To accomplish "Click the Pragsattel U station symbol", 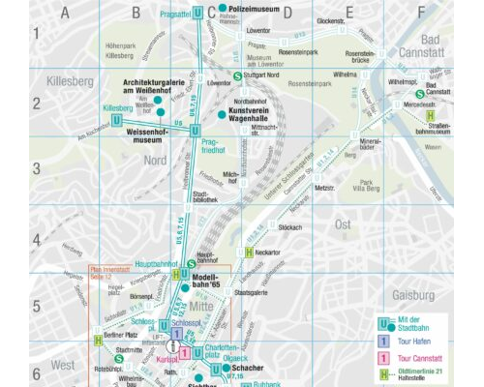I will click(197, 13).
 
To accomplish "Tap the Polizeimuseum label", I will click(254, 9).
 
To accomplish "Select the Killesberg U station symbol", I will click(143, 119).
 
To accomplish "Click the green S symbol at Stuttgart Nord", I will click(238, 74).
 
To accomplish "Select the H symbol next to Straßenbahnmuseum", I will click(430, 116).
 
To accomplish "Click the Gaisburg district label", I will click(413, 294).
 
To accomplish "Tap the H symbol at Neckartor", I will click(249, 253).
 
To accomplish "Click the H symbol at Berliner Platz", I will click(98, 340).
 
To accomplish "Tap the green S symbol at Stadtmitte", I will click(118, 359).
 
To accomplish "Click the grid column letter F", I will click(421, 13).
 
